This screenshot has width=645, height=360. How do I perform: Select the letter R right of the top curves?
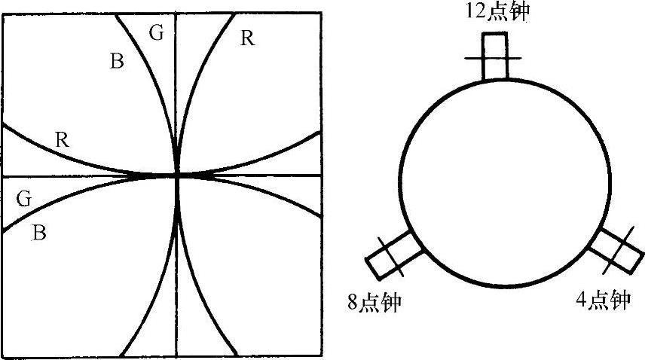click(x=246, y=38)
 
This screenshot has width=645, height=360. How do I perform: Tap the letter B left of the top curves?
click(x=117, y=62)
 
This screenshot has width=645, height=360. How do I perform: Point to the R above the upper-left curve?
click(x=63, y=139)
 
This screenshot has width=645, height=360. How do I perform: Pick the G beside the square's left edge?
click(x=23, y=200)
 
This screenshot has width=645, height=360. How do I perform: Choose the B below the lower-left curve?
click(x=41, y=233)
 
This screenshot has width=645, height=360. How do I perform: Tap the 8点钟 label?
click(x=371, y=303)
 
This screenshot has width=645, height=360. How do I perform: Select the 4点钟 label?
click(x=602, y=301)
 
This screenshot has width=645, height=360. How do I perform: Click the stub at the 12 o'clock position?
click(x=496, y=57)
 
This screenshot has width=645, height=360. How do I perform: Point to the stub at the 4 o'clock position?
click(x=612, y=249)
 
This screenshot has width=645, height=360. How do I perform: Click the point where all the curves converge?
click(x=177, y=175)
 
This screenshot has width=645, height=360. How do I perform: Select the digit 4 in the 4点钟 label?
click(x=581, y=301)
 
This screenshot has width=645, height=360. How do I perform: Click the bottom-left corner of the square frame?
click(x=4, y=355)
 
